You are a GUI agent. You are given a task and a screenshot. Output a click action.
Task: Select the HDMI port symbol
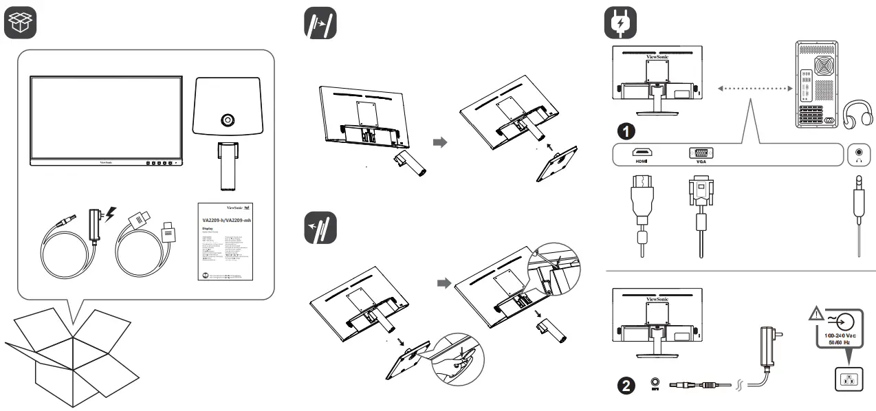click(x=642, y=154)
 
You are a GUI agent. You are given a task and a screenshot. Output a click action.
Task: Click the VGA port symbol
click(x=700, y=154)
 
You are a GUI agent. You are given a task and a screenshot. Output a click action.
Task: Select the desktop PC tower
click(x=817, y=85)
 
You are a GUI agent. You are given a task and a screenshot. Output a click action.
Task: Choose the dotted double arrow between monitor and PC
click(x=752, y=88)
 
